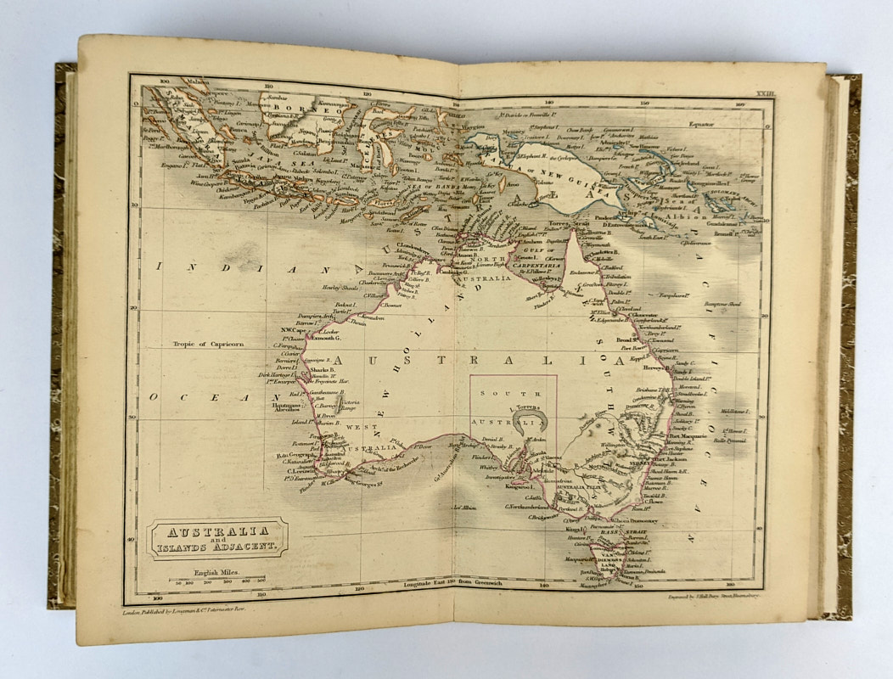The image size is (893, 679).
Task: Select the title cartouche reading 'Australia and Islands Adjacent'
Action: point(217,539)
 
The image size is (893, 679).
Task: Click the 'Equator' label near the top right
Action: point(701,125)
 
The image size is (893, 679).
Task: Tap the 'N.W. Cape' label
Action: point(305,329)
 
